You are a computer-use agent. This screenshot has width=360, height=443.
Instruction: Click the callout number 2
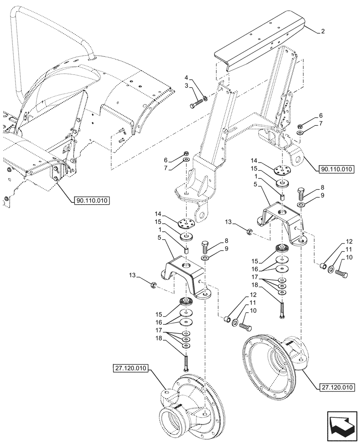point(323,31)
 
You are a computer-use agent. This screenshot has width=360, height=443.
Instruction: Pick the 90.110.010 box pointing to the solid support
point(336,169)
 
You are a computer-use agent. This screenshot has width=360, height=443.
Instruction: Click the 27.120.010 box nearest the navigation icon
point(336,387)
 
